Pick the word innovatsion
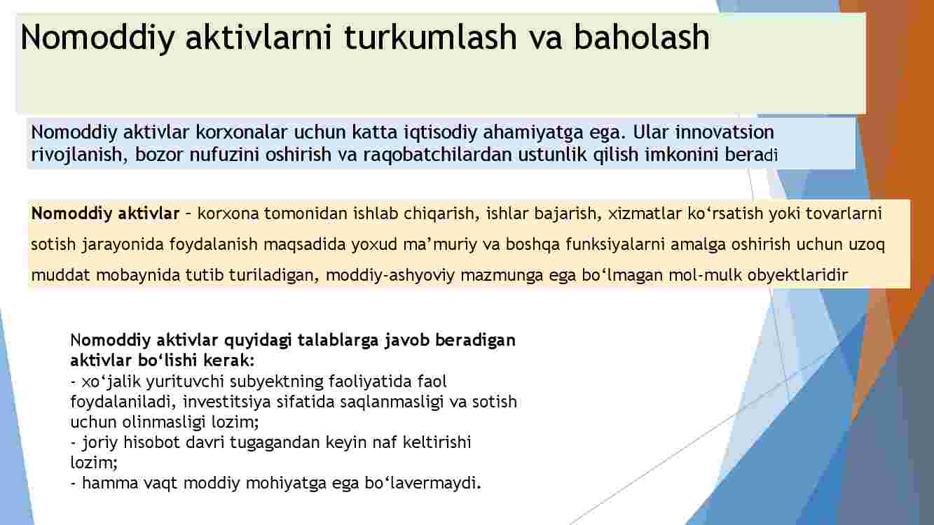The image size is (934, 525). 724,132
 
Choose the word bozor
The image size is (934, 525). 159,155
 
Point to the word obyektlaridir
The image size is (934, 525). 797,275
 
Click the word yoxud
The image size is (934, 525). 374,244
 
